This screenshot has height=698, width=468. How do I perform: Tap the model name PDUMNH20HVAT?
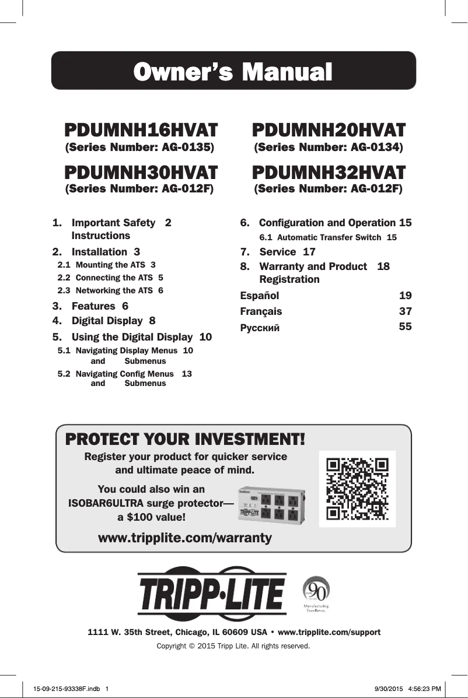coord(329,129)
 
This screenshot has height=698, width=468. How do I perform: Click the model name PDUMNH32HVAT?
coord(329,172)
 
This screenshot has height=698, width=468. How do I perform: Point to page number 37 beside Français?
coord(405,311)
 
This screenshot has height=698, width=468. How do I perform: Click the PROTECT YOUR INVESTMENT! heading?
coord(185,438)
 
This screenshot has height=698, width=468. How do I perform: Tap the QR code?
coord(358,489)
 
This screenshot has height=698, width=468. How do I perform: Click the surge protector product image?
coord(272,505)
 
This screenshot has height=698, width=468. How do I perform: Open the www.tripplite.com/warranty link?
coord(185,538)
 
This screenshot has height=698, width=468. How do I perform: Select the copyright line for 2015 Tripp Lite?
coord(233,646)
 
